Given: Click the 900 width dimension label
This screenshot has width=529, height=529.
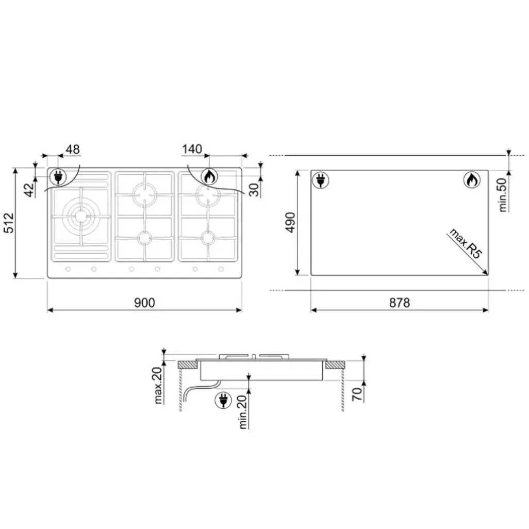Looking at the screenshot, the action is point(145,303).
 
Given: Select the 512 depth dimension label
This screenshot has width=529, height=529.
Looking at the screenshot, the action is point(9,223).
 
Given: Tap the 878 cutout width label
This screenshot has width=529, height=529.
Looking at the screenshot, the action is point(400,303).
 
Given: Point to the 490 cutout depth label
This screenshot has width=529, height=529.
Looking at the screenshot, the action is point(290,222).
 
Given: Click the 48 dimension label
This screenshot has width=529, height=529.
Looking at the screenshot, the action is point(73,149).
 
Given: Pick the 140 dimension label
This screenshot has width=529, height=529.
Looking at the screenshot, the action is point(192,149).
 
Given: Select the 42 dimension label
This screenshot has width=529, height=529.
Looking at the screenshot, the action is point(29,190).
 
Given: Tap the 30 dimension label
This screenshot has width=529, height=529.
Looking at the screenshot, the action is point(254,190).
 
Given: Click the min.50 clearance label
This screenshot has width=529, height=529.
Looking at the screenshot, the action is point(503,195).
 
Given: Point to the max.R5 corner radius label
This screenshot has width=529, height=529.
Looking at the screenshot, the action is point(466,243).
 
